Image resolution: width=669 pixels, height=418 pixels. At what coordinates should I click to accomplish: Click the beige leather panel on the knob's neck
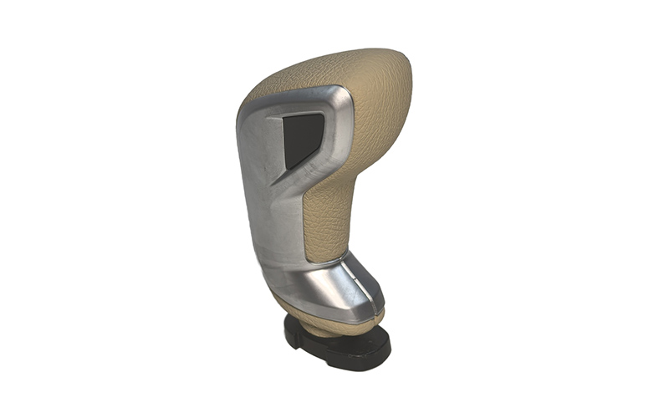(330, 217)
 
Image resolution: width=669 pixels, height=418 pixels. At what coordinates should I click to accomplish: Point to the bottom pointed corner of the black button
(288, 168)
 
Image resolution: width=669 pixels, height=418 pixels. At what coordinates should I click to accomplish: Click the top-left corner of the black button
(284, 118)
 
